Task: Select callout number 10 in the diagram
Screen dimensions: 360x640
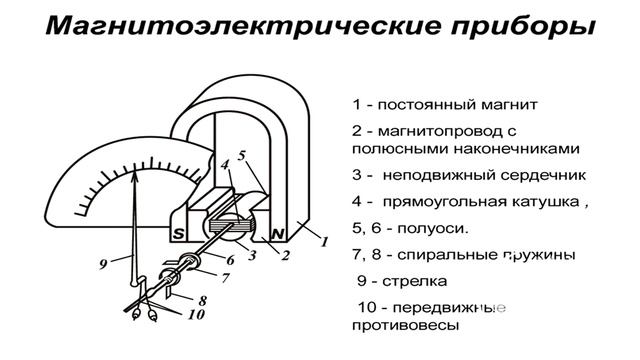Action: (x=196, y=316)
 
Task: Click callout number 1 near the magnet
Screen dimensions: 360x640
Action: (x=323, y=242)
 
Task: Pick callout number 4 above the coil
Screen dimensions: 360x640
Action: (x=225, y=164)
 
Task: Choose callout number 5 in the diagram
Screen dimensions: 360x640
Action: (x=241, y=156)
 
